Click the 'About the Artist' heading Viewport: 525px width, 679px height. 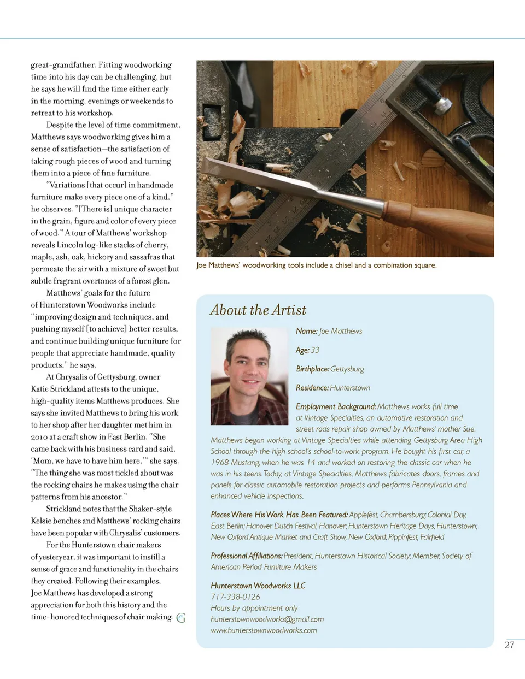point(258,310)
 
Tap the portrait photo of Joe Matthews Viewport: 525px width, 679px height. point(249,376)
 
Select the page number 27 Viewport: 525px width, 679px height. point(509,645)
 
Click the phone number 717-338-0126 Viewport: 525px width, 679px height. point(235,597)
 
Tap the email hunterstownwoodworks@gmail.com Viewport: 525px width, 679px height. point(267,619)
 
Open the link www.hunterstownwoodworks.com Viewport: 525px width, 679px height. point(264,630)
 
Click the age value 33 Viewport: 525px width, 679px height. point(315,350)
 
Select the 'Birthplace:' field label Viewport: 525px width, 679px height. point(312,369)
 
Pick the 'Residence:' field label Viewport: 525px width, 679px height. point(312,388)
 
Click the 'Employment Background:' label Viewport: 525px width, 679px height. point(336,406)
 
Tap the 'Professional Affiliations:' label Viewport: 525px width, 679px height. point(247,556)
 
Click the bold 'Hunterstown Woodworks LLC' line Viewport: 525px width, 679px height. point(258,586)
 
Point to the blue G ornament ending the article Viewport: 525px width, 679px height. point(181,618)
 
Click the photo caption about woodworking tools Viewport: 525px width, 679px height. point(316,265)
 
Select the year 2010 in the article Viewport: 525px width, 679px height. point(39,437)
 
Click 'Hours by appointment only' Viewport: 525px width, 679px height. point(254,608)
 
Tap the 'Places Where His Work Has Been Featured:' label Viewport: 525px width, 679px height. point(279,515)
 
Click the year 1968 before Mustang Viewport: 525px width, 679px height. point(219,463)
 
